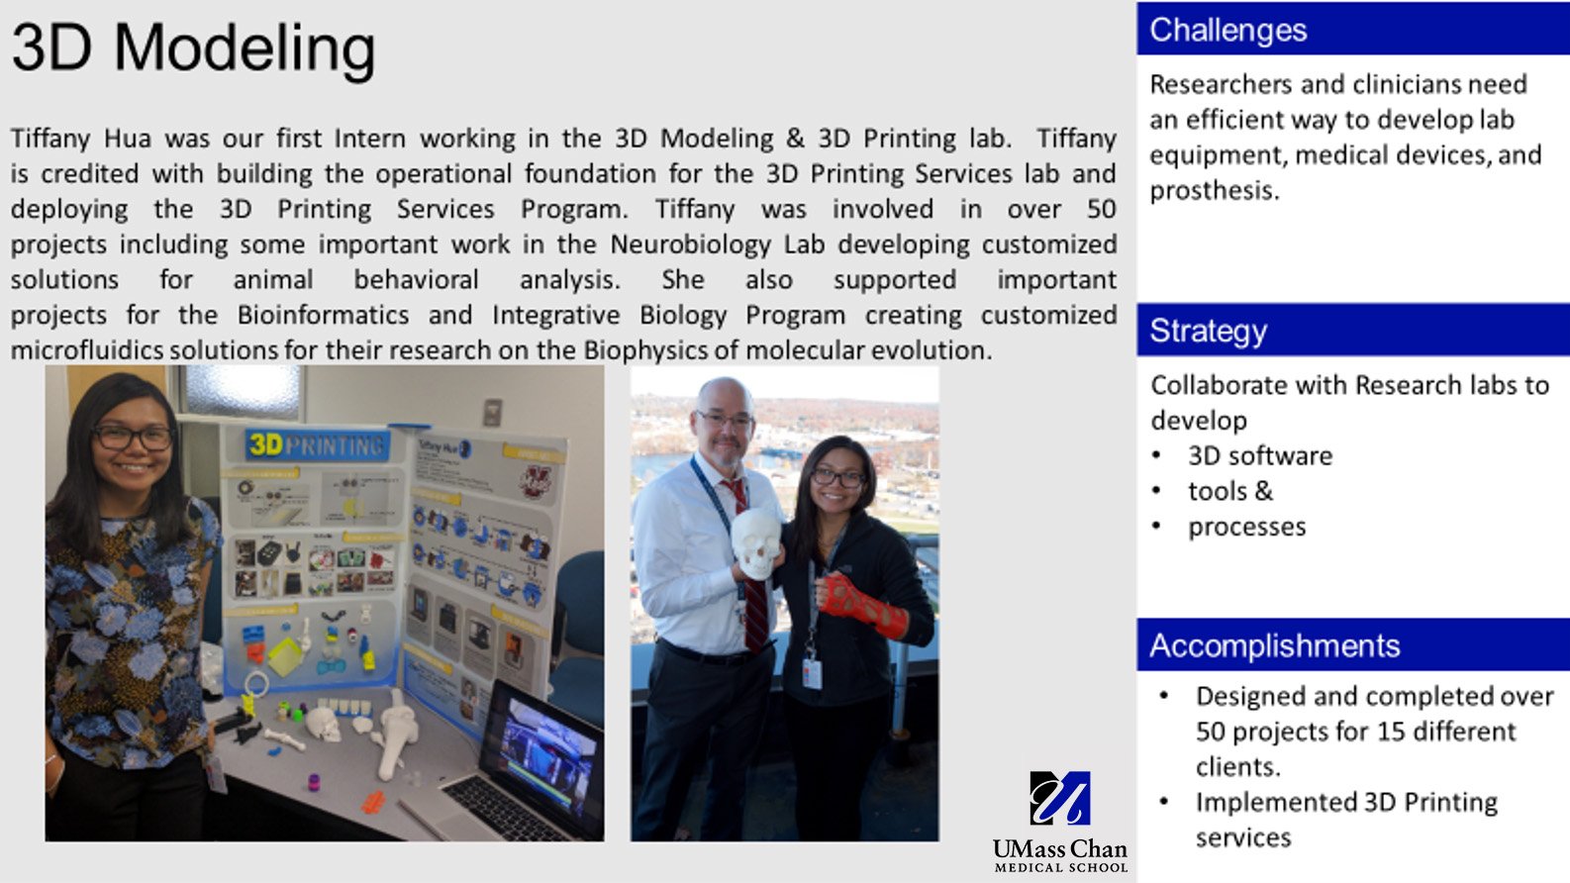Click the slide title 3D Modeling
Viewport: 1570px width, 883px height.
point(193,48)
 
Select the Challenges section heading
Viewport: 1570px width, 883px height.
point(1227,30)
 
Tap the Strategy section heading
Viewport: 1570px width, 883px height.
point(1208,331)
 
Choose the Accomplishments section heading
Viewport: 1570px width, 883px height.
point(1274,645)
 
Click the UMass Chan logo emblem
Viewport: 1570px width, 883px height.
point(1059,798)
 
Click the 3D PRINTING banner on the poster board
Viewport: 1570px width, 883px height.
point(317,445)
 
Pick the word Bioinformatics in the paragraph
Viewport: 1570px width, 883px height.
point(323,315)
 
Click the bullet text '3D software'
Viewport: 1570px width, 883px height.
point(1259,455)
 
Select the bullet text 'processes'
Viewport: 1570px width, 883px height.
point(1246,527)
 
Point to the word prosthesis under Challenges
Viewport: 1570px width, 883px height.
point(1214,190)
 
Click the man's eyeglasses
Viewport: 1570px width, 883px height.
point(725,419)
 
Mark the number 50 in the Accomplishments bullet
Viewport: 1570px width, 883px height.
point(1210,732)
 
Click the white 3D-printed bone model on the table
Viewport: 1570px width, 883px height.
point(397,733)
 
